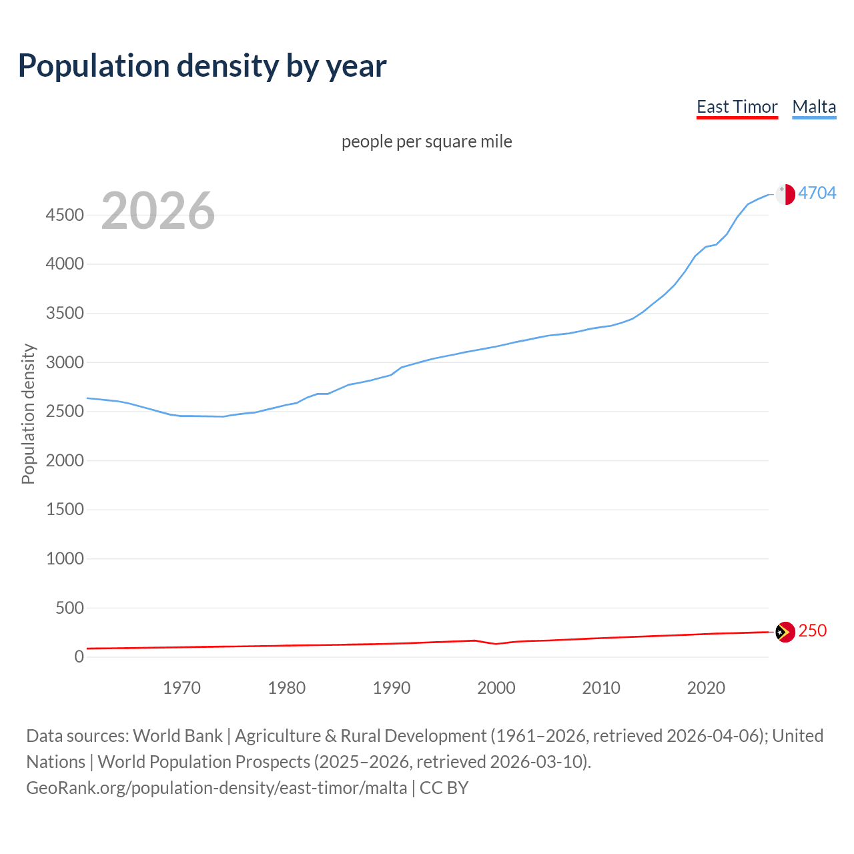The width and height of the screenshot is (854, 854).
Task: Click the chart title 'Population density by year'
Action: [202, 66]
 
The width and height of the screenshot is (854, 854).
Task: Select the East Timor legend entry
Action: [737, 107]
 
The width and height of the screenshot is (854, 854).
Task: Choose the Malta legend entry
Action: [814, 107]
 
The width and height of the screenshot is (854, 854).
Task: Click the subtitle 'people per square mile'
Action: [426, 141]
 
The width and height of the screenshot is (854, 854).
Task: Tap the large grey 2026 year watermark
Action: [158, 211]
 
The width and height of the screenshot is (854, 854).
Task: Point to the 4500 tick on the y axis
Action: [65, 215]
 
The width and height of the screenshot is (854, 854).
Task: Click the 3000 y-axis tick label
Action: [65, 362]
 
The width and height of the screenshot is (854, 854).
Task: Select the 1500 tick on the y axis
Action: [65, 510]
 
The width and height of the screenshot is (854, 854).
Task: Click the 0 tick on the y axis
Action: [79, 657]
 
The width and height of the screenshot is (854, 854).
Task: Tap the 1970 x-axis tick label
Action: [181, 688]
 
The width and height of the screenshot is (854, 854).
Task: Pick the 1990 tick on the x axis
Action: [392, 688]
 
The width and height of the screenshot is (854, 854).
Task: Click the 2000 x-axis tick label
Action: [496, 688]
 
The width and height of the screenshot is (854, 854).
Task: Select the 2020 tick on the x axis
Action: [706, 688]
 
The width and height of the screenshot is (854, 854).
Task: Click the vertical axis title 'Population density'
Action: [28, 414]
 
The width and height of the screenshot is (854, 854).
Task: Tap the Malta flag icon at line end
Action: [785, 194]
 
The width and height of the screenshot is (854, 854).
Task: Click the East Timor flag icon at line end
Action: [785, 632]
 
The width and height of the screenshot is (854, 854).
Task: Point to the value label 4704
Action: [817, 193]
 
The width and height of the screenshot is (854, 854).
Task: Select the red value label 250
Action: [812, 630]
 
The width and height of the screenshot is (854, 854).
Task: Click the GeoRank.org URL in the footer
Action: [216, 788]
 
